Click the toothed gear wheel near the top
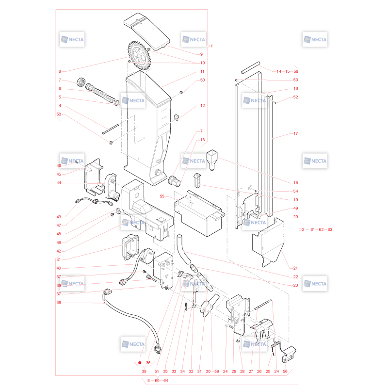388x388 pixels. click(x=139, y=55)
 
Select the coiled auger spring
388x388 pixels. click(x=101, y=94)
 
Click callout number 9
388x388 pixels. click(x=201, y=54)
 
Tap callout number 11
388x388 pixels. click(x=202, y=71)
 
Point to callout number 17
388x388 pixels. click(x=295, y=133)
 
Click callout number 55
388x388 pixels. click(x=162, y=196)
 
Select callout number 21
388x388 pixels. click(x=295, y=268)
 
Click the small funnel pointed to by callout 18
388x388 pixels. click(x=212, y=160)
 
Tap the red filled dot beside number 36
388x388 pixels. click(x=140, y=363)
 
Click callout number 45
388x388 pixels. click(x=59, y=174)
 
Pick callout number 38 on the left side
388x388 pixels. click(x=59, y=302)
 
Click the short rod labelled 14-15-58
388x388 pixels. click(x=250, y=67)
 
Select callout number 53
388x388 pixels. click(x=295, y=80)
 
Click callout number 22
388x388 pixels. click(x=295, y=276)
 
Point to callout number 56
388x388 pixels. click(x=285, y=371)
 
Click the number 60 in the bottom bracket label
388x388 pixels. click(x=157, y=380)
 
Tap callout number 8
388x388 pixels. click(x=60, y=71)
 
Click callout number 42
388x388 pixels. click(x=59, y=251)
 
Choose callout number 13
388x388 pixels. click(x=202, y=140)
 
